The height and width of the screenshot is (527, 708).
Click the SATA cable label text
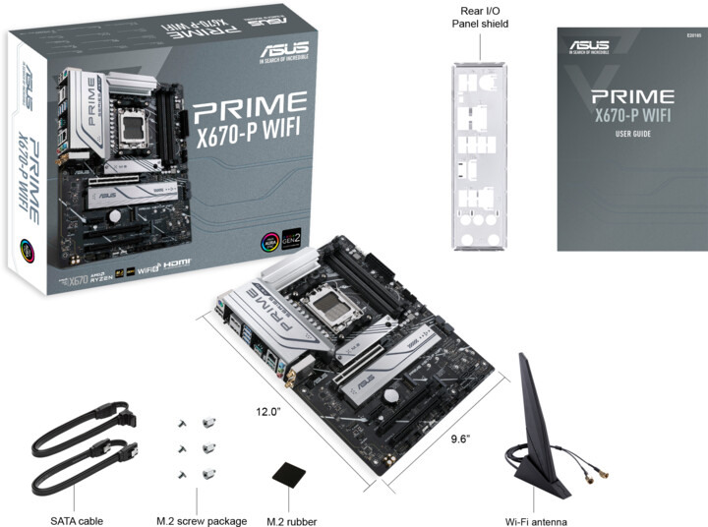pos(77,520)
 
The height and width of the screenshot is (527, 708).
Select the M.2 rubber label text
pos(292,520)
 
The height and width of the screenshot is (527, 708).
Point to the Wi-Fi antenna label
pos(535,520)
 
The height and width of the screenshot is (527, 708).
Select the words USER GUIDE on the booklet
pos(633,134)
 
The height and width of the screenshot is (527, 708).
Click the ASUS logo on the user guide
pos(590,45)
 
